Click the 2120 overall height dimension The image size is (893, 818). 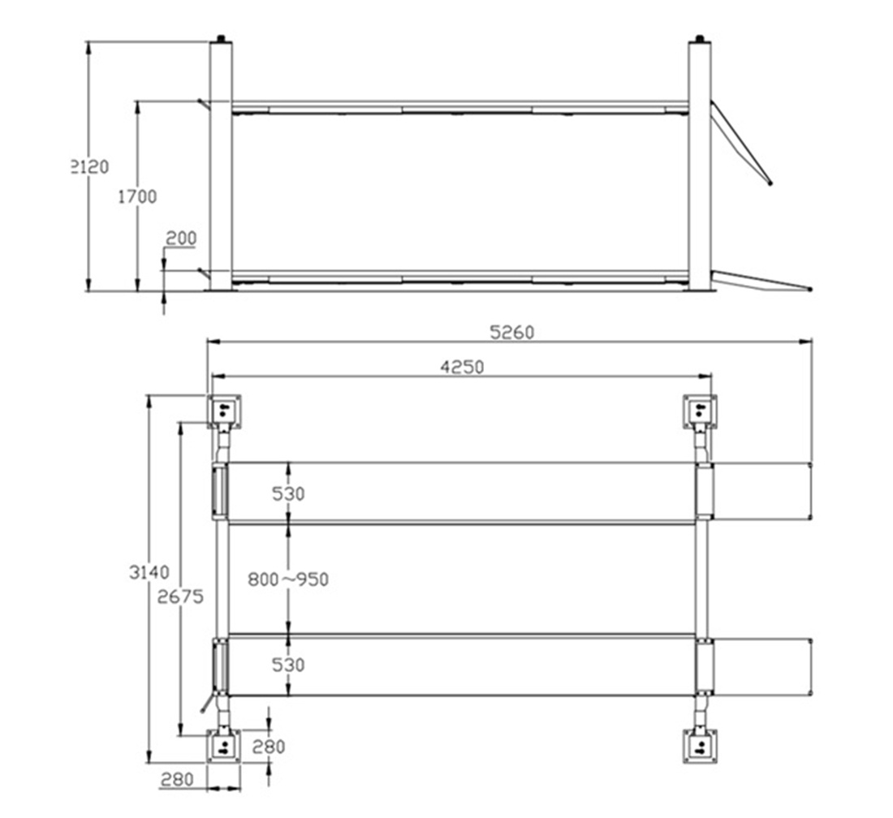click(x=89, y=167)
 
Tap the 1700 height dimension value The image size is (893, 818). click(x=137, y=197)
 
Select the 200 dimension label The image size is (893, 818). click(x=181, y=239)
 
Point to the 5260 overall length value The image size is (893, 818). click(x=512, y=333)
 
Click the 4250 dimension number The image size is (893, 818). click(x=462, y=367)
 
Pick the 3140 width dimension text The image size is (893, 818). click(x=149, y=572)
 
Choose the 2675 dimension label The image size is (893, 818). click(x=180, y=597)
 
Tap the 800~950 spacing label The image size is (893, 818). click(x=288, y=579)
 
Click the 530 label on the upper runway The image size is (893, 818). click(x=288, y=494)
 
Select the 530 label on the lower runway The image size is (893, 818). click(x=288, y=665)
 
